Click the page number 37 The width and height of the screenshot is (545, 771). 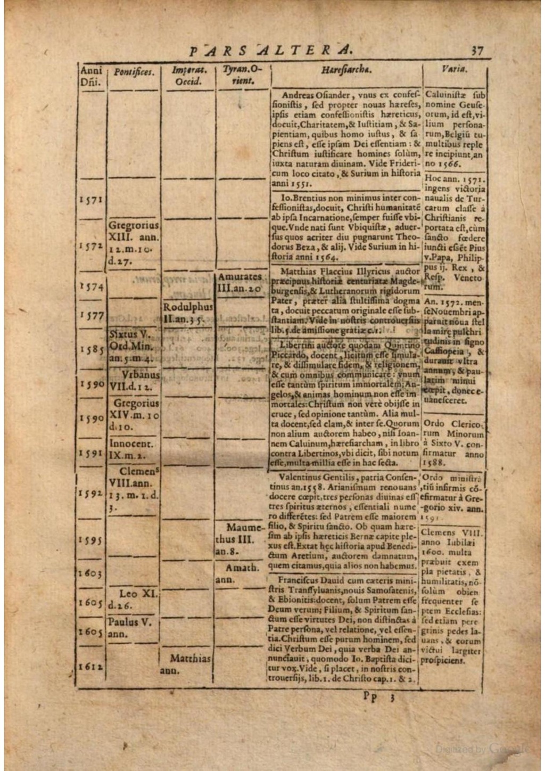(476, 51)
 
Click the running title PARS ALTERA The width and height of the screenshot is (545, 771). (271, 50)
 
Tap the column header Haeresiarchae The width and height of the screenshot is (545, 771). (346, 70)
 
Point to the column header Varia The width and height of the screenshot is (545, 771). (454, 69)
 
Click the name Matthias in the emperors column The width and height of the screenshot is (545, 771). (191, 659)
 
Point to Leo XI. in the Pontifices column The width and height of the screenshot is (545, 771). (139, 594)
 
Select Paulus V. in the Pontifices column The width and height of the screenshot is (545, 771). (130, 622)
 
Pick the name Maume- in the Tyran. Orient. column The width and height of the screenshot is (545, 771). (245, 528)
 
